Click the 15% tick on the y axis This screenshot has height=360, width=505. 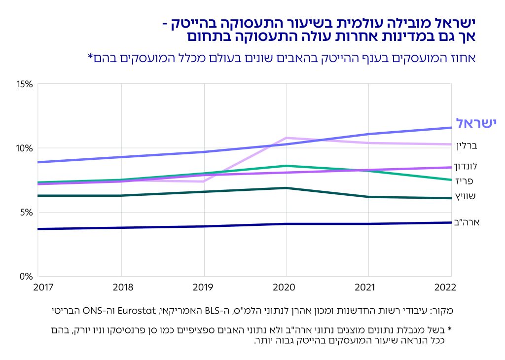tap(25, 84)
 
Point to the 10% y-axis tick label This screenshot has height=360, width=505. tap(25, 148)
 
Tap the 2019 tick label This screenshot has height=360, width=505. tap(203, 287)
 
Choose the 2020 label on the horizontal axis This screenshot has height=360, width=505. tap(286, 287)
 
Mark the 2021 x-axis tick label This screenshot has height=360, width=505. tap(368, 287)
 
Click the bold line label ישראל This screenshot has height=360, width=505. tap(475, 123)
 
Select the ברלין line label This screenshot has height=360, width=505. tap(466, 146)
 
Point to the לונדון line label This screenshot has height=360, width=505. tap(466, 166)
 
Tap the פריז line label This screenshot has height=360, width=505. tap(464, 181)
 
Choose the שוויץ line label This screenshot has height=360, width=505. tap(465, 196)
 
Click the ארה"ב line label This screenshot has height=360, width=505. tap(467, 222)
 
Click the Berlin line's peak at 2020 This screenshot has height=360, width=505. tap(287, 138)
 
